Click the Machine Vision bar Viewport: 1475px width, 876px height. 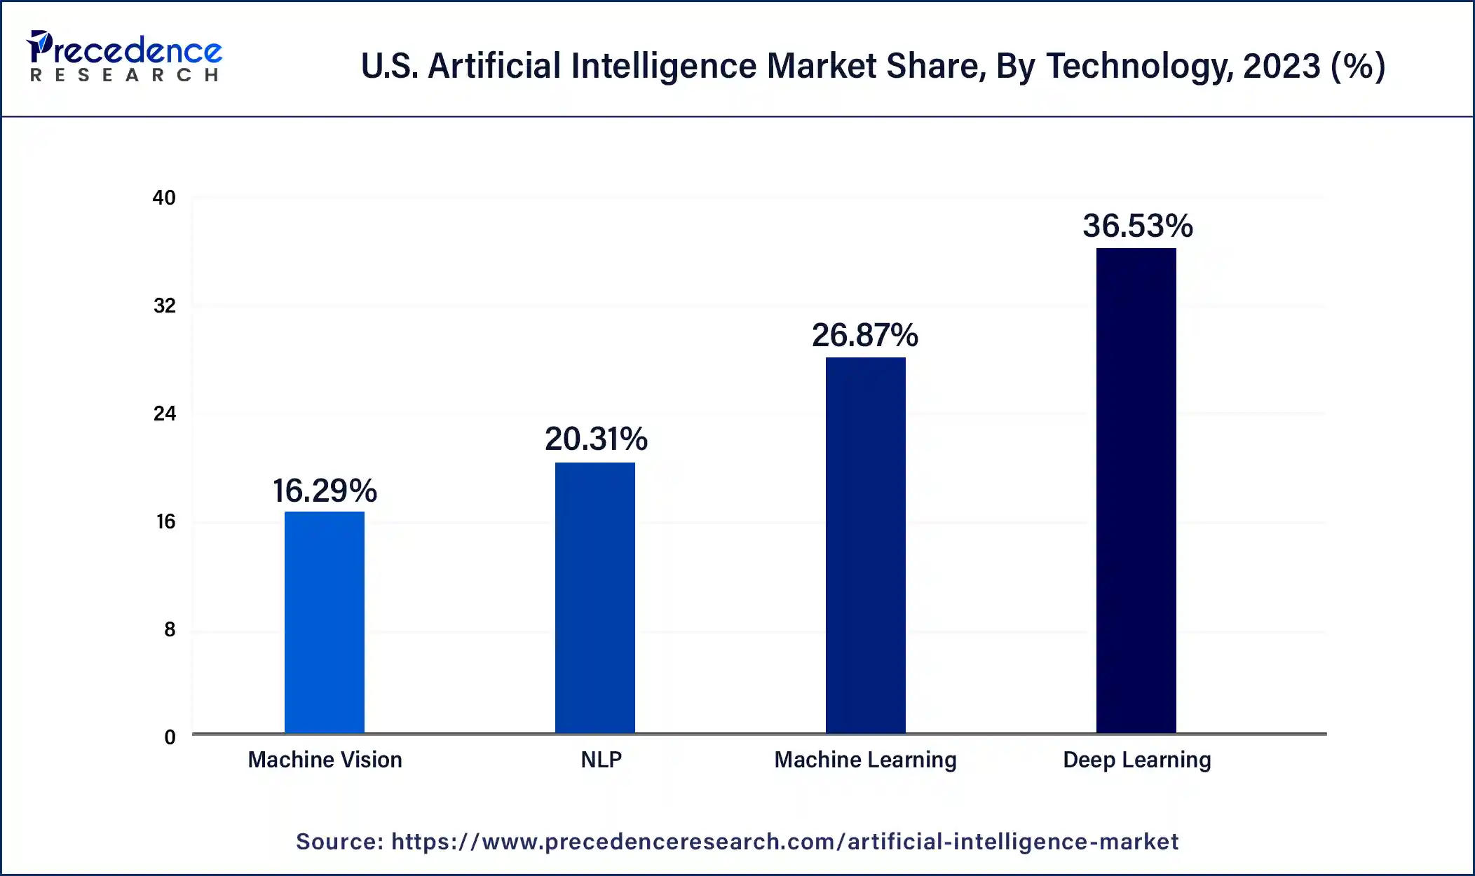[x=324, y=622]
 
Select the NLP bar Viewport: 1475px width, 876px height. [x=594, y=598]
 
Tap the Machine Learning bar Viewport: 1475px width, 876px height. [x=865, y=545]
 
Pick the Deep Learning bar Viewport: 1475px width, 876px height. [x=1136, y=491]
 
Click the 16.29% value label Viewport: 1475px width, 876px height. [x=325, y=491]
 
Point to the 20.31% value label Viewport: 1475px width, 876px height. [x=596, y=439]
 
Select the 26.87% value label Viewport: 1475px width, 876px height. [x=865, y=335]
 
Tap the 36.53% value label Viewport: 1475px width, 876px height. [x=1137, y=226]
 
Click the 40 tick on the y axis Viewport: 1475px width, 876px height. [x=164, y=198]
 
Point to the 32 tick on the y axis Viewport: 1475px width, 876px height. [x=165, y=306]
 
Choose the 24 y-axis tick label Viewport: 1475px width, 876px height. [x=165, y=413]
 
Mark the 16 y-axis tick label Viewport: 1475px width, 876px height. [x=165, y=521]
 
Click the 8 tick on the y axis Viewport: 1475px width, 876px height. [x=170, y=629]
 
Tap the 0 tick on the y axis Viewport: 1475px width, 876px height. [x=170, y=737]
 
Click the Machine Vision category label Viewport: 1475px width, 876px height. [x=325, y=760]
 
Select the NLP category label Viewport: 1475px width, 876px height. [x=601, y=760]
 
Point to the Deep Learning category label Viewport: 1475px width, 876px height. [x=1136, y=760]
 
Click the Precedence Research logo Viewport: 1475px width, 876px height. [x=124, y=56]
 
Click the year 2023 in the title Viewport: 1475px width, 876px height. [x=1281, y=66]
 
